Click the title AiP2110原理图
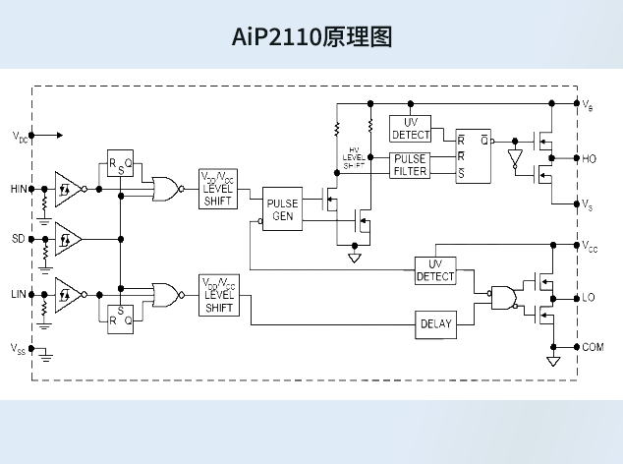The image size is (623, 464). (x=311, y=38)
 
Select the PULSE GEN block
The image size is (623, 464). (x=282, y=210)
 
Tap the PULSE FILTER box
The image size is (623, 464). (x=410, y=165)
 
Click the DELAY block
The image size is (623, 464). (x=435, y=323)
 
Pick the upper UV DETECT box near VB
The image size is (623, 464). (x=410, y=128)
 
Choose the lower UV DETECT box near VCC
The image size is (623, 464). (x=435, y=270)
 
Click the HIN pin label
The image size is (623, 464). (x=19, y=188)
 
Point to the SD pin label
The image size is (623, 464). (x=19, y=239)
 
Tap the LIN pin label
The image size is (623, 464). (x=19, y=293)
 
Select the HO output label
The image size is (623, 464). (x=589, y=158)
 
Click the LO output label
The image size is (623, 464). (x=589, y=297)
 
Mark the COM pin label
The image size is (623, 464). (x=593, y=347)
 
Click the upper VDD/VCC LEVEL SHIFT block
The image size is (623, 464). (x=218, y=188)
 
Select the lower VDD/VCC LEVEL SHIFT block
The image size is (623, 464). (x=218, y=295)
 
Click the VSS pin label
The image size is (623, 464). (x=19, y=348)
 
